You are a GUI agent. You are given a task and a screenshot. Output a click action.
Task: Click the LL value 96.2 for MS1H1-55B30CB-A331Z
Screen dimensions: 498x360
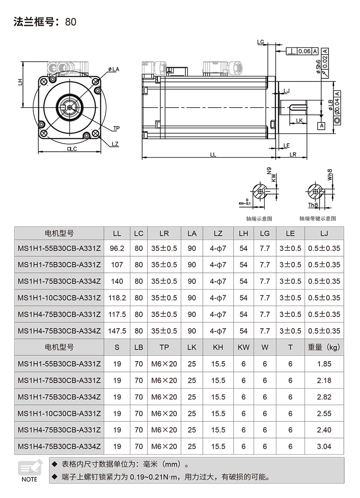(117, 248)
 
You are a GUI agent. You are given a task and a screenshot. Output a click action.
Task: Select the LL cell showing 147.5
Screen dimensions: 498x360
(117, 331)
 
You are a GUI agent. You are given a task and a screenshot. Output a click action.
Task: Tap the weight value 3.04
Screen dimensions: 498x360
(324, 447)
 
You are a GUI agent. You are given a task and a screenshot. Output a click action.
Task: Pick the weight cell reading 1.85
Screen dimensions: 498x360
(324, 364)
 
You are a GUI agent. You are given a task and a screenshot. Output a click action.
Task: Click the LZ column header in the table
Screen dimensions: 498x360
(218, 233)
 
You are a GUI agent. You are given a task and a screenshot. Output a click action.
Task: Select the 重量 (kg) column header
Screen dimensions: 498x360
(324, 347)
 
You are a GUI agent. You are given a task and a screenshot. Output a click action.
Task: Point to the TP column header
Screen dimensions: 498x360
(164, 347)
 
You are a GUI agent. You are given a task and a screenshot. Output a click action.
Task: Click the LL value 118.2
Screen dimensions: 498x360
(117, 298)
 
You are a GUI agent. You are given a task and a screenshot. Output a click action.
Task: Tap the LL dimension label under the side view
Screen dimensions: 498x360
(213, 154)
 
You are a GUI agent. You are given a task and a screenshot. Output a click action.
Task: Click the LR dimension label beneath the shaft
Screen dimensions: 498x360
(293, 154)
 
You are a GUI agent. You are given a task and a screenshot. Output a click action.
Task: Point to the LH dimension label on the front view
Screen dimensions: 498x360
(20, 82)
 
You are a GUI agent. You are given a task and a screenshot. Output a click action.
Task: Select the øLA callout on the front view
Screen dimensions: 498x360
(113, 69)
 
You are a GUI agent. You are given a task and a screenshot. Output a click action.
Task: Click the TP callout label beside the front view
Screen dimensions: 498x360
(116, 128)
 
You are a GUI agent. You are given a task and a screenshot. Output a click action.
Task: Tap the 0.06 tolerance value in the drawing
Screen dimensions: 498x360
(304, 51)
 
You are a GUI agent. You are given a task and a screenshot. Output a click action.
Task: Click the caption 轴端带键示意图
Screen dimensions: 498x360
(318, 218)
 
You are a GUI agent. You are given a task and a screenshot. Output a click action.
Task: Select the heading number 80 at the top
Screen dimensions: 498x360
(71, 22)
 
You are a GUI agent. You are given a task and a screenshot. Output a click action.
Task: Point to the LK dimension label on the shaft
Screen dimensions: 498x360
(299, 120)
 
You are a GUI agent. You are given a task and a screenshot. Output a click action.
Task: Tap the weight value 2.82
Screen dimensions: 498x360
(324, 397)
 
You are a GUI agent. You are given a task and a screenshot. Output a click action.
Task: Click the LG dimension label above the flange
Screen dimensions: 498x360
(261, 42)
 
